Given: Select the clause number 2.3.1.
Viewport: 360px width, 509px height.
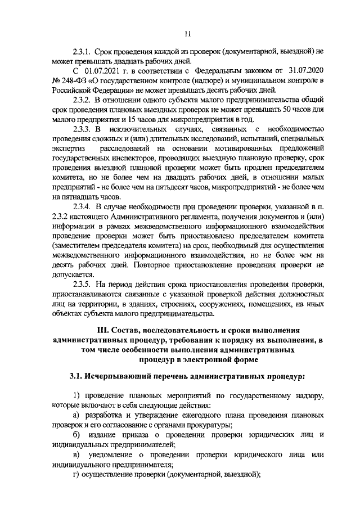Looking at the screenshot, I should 82,51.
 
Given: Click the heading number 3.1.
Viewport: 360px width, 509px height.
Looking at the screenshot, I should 76,375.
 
